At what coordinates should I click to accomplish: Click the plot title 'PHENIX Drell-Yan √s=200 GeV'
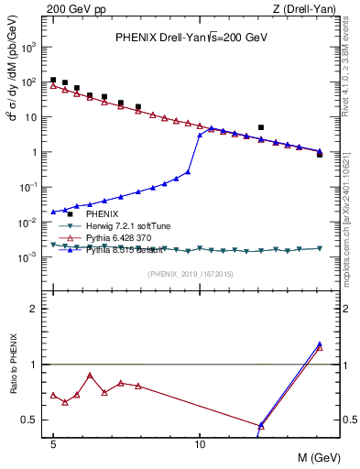[x=189, y=38]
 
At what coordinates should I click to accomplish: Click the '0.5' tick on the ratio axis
[x=32, y=420]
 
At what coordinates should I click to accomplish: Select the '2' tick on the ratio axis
[x=37, y=309]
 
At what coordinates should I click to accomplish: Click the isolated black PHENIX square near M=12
[x=261, y=127]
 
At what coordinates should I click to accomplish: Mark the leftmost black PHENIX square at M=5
[x=53, y=81]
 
